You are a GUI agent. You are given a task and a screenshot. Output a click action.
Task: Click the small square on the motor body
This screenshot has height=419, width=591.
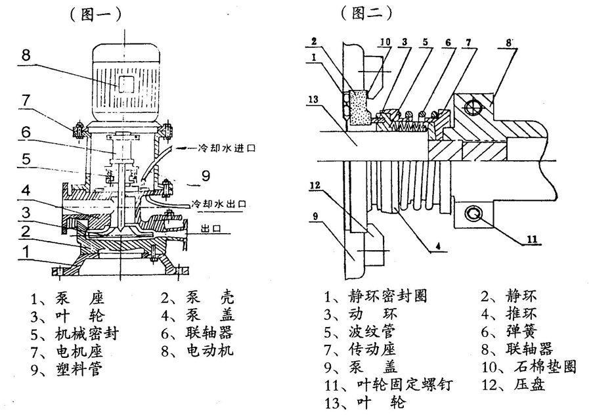tap(125, 83)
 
